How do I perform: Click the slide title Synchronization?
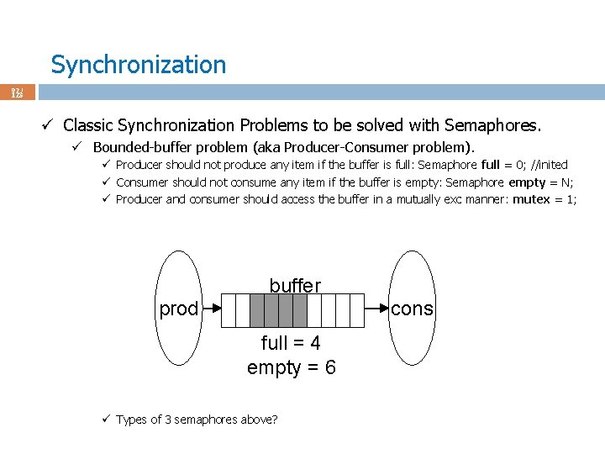(138, 65)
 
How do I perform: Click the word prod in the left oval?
(179, 309)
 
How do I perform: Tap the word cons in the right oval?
(412, 309)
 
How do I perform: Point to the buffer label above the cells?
(295, 286)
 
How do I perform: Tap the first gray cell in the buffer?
(258, 310)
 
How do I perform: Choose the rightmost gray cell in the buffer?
(300, 310)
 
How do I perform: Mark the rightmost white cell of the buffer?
(355, 310)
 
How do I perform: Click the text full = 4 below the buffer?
(291, 343)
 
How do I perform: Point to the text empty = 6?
(291, 367)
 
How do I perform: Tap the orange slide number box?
(17, 92)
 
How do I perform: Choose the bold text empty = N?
(541, 182)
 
